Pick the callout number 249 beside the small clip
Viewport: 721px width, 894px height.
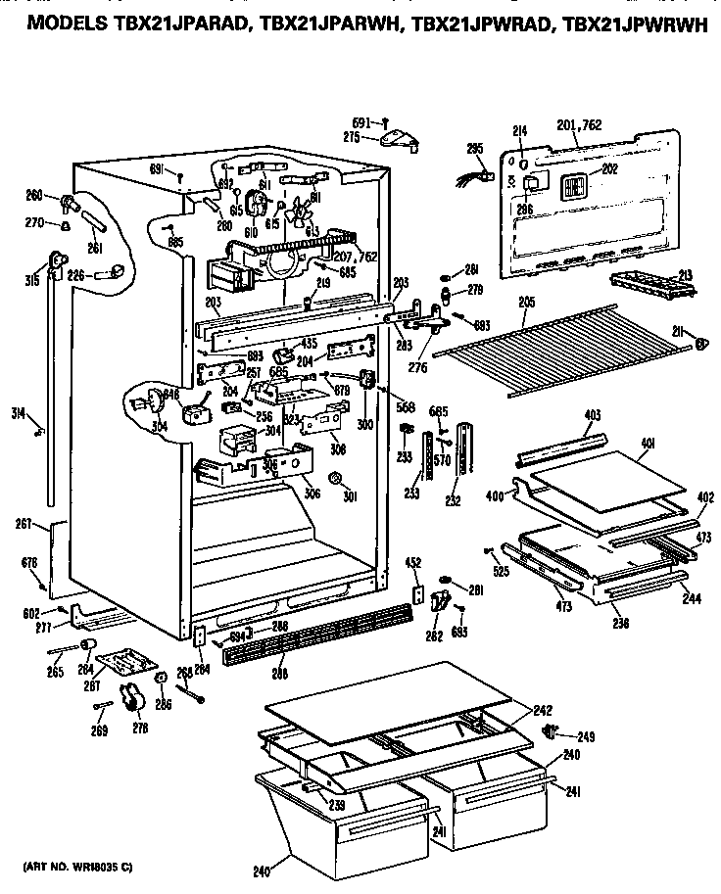[586, 736]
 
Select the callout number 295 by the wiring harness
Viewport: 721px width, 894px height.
[474, 149]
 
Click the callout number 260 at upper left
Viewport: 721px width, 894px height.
[33, 194]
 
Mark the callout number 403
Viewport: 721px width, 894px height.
[592, 416]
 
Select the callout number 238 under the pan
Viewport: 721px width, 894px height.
[621, 622]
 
